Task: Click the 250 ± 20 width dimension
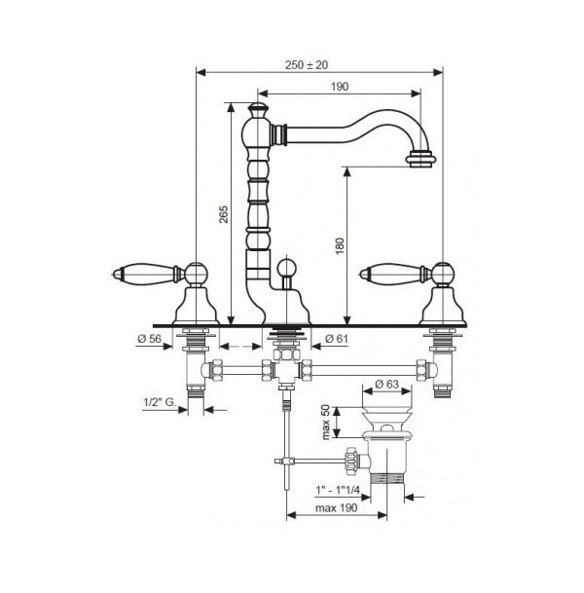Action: (307, 65)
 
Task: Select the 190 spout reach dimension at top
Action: (340, 87)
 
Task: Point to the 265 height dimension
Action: (224, 214)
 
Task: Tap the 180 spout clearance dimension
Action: (340, 245)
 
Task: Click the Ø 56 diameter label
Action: (150, 339)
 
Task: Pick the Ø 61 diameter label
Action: (336, 339)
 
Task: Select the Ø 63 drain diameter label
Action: (386, 384)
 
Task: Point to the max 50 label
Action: (326, 422)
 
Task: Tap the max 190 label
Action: (336, 507)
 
